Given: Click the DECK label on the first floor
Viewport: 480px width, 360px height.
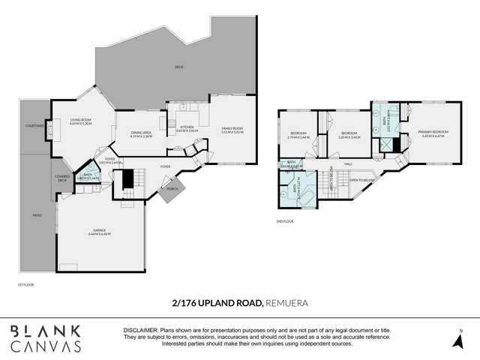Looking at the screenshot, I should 179,67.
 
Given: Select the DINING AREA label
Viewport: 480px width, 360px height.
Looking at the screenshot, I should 141,134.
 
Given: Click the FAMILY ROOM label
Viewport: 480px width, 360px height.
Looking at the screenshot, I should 232,130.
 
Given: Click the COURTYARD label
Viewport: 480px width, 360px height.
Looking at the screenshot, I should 34,126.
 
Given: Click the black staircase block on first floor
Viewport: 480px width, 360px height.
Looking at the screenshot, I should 127,179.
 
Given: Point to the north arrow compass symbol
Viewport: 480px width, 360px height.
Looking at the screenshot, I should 460,340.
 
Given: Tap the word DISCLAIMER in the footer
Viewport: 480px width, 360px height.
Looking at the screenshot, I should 140,330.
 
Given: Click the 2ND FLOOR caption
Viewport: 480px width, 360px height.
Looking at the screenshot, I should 285,220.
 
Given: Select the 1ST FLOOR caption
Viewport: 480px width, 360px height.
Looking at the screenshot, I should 25,284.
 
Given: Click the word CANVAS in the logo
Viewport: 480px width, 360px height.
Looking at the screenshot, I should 46,346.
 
